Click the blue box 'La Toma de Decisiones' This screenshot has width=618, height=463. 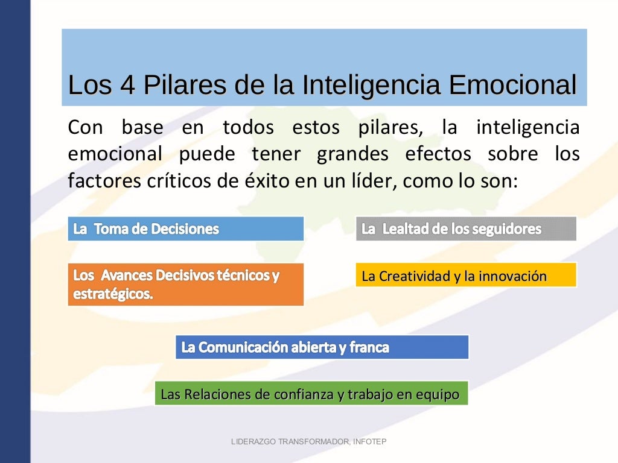[185, 229]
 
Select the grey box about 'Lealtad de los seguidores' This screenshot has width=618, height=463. [466, 229]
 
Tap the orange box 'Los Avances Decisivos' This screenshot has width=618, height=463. [185, 285]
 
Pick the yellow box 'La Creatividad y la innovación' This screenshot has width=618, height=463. [466, 276]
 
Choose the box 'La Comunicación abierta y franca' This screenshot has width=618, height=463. [322, 347]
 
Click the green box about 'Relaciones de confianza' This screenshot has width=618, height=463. [311, 394]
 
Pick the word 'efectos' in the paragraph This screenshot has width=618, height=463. [438, 154]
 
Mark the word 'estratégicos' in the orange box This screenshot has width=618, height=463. [112, 295]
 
